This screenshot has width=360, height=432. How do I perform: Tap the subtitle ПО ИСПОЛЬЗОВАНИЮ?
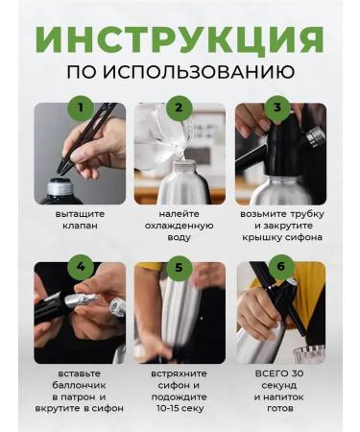pos(180,73)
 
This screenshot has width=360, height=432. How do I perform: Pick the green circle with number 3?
pos(278,108)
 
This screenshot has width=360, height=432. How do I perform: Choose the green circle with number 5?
pos(179,267)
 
